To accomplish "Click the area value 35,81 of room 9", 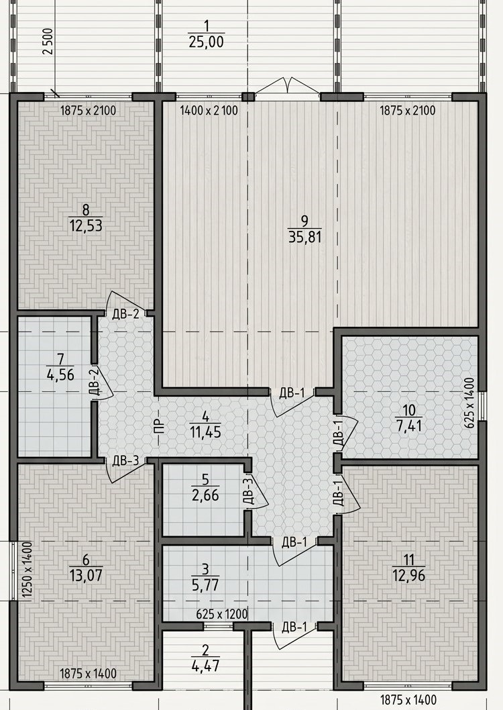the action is click(304, 238).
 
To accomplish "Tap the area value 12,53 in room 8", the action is click(85, 225).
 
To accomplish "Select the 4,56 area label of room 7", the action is click(60, 374).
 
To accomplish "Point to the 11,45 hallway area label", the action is click(205, 432).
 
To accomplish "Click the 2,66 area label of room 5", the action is click(205, 495).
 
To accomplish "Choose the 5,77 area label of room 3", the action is click(205, 585).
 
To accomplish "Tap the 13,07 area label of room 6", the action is click(86, 576).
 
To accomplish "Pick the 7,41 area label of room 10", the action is click(408, 426).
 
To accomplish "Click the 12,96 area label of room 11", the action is click(409, 576).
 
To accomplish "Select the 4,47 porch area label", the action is click(205, 666).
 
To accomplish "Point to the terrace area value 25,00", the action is click(207, 42).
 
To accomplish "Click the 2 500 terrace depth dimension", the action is click(48, 42).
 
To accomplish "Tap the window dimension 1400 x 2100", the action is click(209, 111).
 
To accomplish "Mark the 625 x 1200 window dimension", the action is click(222, 615).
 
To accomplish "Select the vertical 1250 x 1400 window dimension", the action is click(27, 570).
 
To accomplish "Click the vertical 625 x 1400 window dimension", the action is click(469, 403).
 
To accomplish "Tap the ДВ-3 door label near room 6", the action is click(125, 461).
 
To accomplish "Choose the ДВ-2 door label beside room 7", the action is click(94, 383).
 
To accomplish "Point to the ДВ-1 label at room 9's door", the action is click(292, 393).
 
